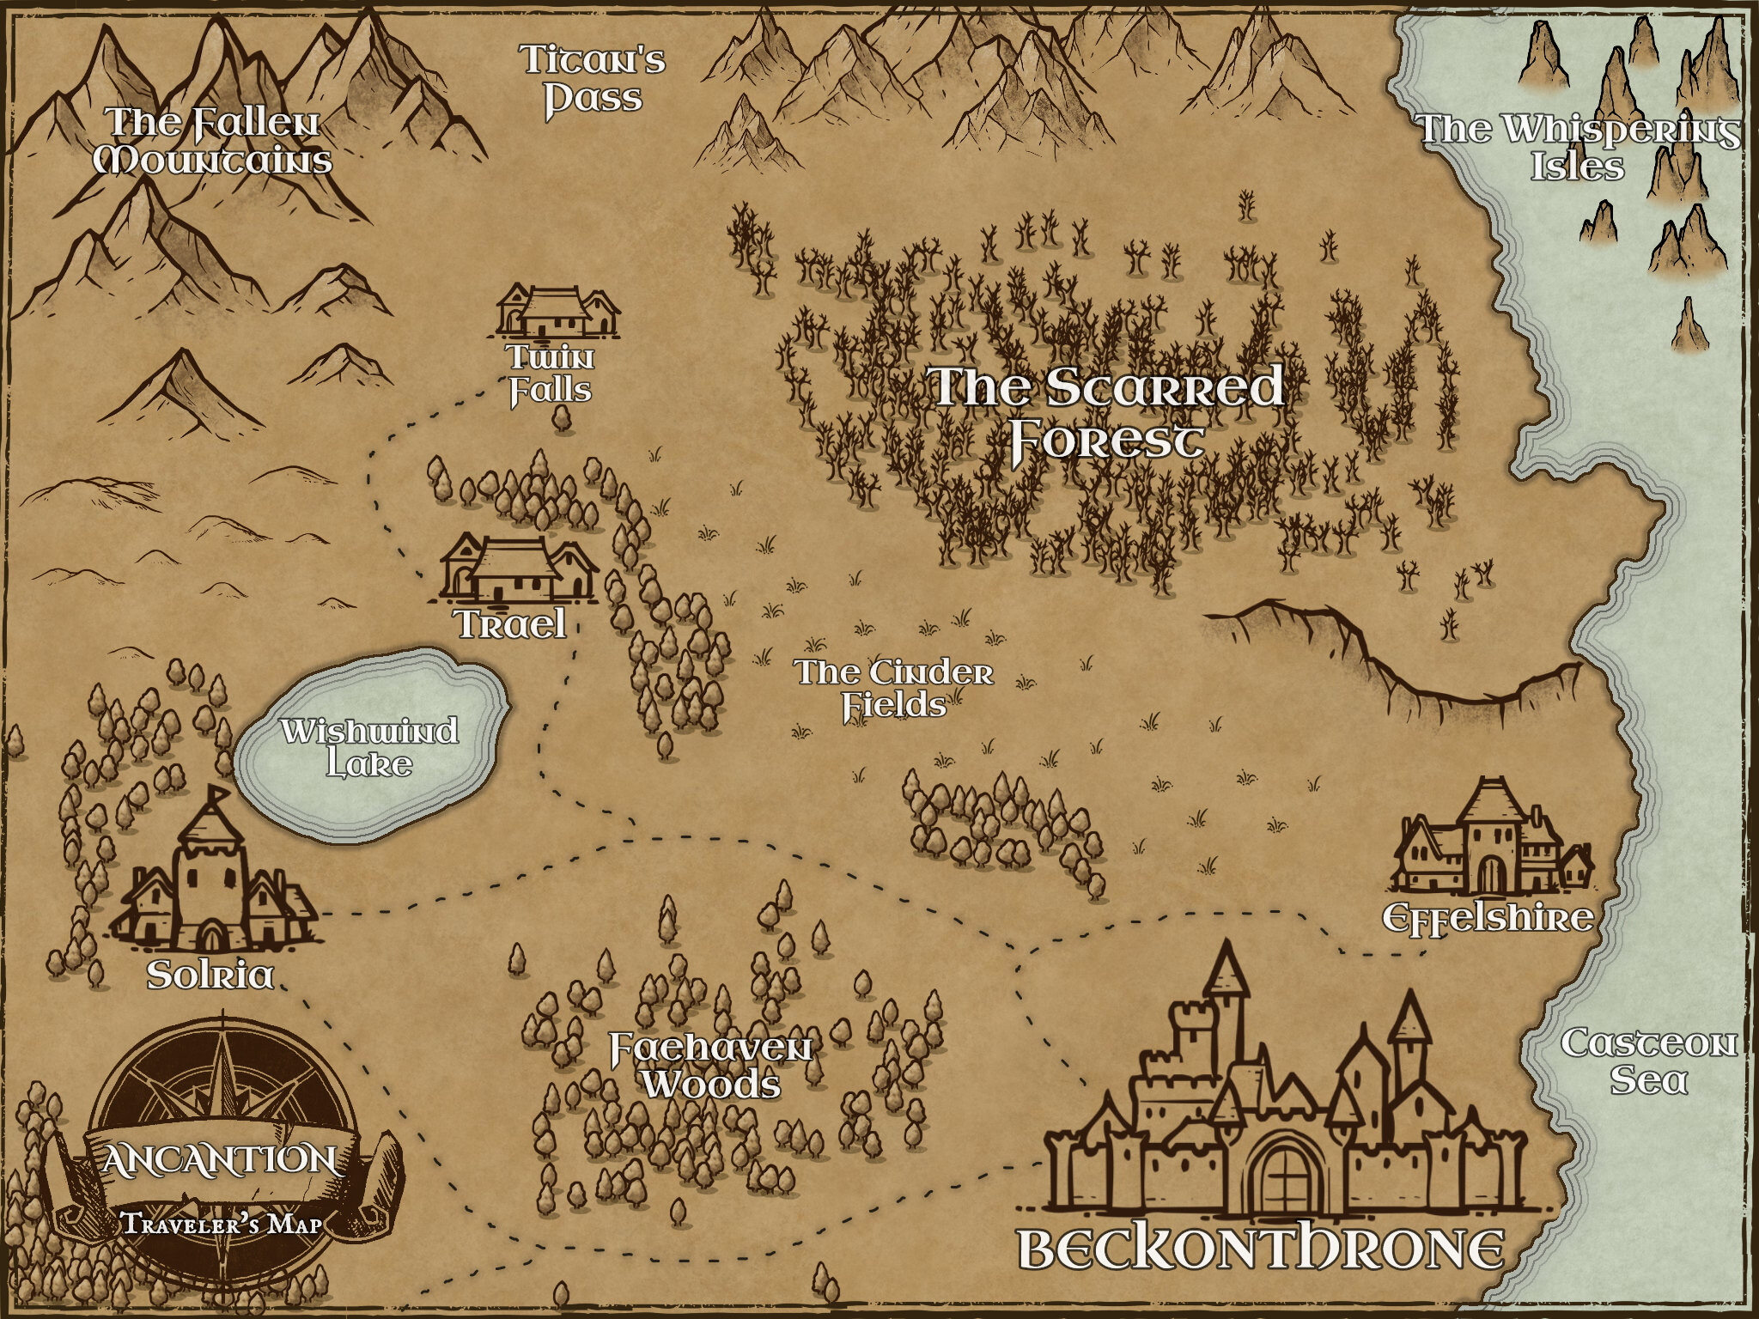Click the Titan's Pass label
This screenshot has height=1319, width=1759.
pyautogui.click(x=593, y=80)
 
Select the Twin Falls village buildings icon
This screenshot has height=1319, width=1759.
pyautogui.click(x=558, y=311)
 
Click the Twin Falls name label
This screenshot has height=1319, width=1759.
pyautogui.click(x=551, y=374)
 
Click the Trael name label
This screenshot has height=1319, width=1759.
pyautogui.click(x=511, y=624)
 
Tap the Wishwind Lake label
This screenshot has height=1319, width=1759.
pyautogui.click(x=370, y=747)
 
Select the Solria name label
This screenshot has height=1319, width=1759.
pyautogui.click(x=210, y=975)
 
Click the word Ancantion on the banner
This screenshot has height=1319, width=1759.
pyautogui.click(x=219, y=1160)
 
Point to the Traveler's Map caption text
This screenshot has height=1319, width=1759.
pyautogui.click(x=222, y=1223)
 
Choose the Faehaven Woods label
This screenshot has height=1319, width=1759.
pyautogui.click(x=711, y=1066)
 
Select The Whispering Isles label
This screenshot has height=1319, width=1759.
pyautogui.click(x=1578, y=147)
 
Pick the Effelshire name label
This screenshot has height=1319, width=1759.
pyautogui.click(x=1488, y=918)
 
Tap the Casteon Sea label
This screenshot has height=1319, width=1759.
pyautogui.click(x=1648, y=1061)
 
